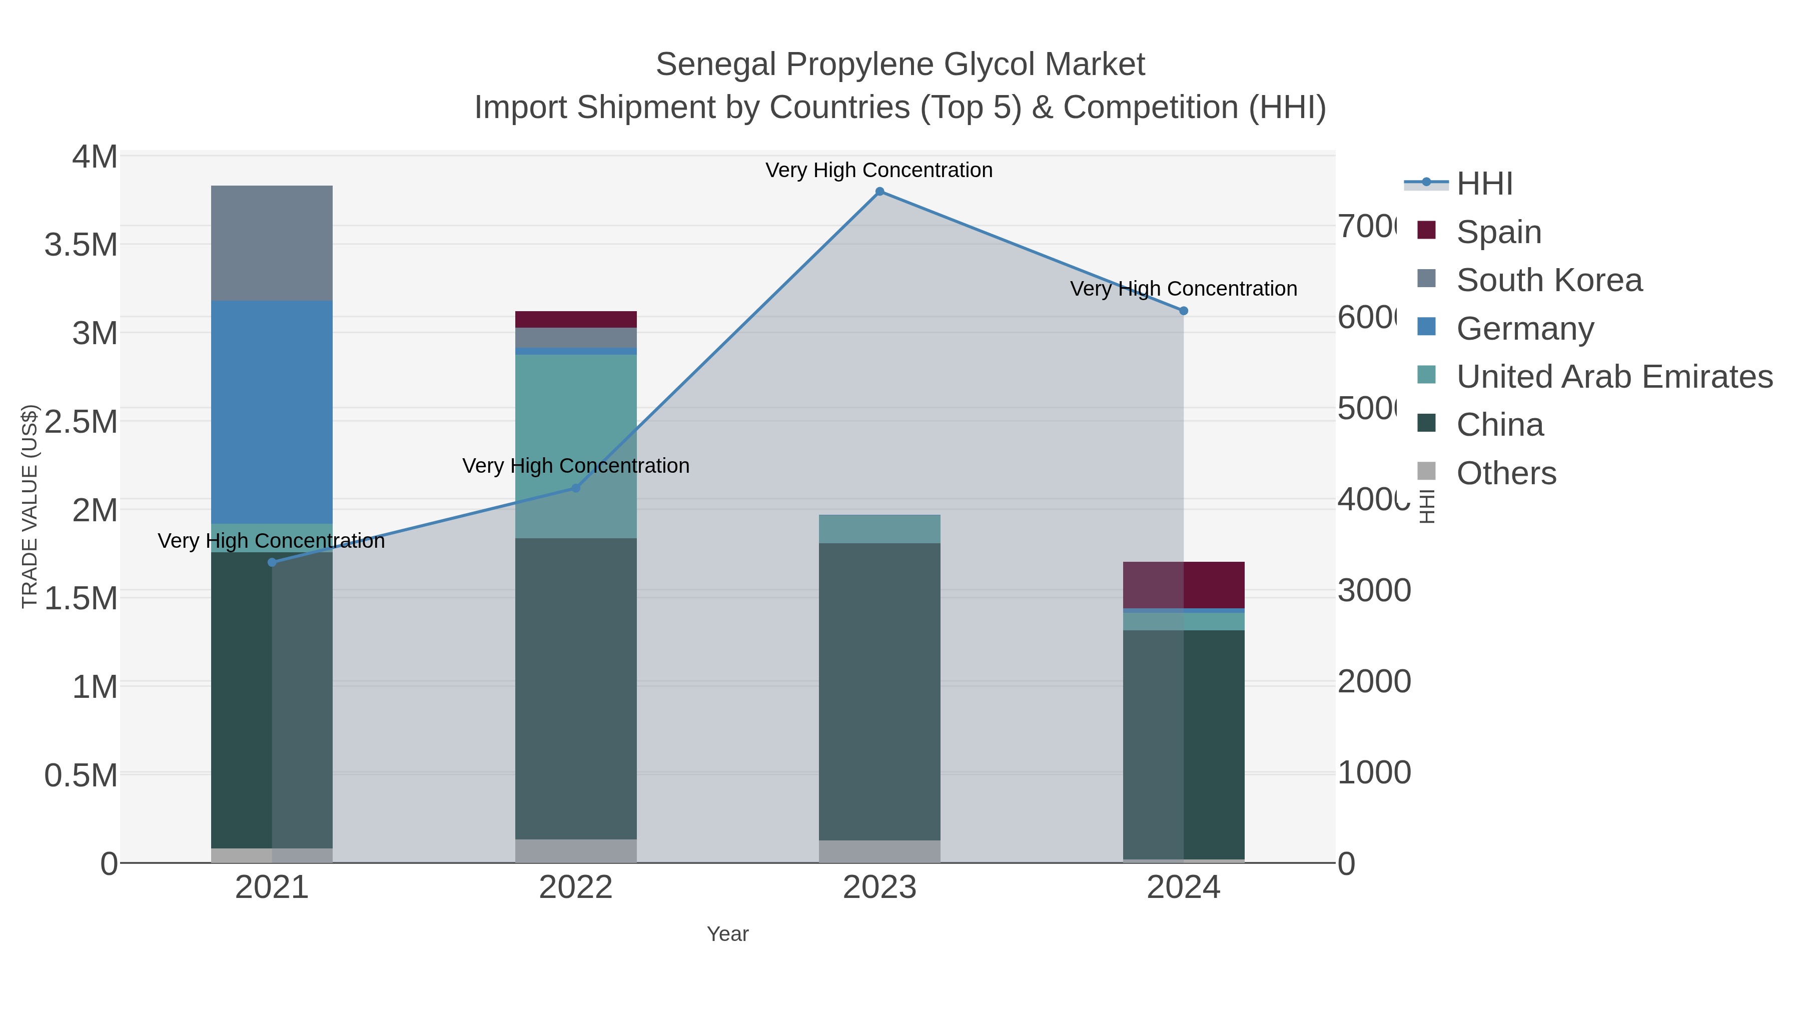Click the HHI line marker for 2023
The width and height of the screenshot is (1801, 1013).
pos(879,192)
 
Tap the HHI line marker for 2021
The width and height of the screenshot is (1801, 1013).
pos(272,562)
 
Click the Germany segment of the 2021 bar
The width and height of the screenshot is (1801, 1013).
pos(272,413)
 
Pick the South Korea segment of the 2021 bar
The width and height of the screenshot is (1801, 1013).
pos(272,243)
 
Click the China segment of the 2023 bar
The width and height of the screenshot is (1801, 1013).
pos(879,692)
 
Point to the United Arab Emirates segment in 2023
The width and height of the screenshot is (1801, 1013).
pos(879,529)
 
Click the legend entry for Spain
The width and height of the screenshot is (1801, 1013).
pos(1498,232)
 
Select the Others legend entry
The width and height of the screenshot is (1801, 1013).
pos(1506,473)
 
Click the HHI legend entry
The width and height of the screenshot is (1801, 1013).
pos(1484,184)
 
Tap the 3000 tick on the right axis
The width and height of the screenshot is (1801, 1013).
pos(1374,591)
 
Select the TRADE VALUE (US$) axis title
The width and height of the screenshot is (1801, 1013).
pos(30,506)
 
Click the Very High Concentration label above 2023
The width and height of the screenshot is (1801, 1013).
pos(879,170)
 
